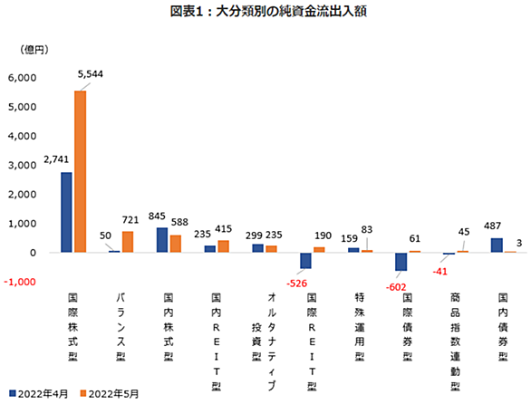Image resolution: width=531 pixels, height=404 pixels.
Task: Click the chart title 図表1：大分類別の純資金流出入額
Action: [x=268, y=11]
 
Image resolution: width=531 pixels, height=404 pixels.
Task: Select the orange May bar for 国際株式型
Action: [x=81, y=171]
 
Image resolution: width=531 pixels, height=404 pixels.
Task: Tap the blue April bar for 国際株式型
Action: [x=66, y=212]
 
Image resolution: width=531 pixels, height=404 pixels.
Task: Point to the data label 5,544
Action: [x=91, y=73]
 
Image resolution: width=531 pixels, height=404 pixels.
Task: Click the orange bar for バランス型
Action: [x=128, y=242]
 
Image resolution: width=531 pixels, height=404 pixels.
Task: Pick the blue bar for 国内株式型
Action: [x=162, y=240]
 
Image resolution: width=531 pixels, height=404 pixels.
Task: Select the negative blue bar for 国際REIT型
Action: [x=305, y=260]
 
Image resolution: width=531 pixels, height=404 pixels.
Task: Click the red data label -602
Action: [x=396, y=287]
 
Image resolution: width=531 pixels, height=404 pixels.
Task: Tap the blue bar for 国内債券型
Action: [x=497, y=245]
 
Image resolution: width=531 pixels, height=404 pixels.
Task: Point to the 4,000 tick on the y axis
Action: [x=23, y=136]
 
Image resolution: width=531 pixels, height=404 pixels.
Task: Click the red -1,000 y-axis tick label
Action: [x=20, y=282]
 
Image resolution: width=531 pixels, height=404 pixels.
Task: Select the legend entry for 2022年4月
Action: [x=39, y=394]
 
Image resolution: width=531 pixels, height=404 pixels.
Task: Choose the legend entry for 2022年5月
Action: [x=110, y=394]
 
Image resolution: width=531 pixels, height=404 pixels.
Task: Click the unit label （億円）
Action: [x=34, y=50]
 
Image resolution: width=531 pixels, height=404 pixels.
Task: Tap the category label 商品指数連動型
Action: [x=455, y=342]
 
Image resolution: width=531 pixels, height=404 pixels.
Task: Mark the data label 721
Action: [x=130, y=220]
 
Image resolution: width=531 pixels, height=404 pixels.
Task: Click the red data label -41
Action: [x=439, y=272]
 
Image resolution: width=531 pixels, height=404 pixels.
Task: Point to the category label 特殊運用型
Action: [x=360, y=327]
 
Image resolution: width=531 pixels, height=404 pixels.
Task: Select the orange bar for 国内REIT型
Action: [x=224, y=246]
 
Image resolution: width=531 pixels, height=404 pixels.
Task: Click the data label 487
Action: [x=492, y=226]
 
